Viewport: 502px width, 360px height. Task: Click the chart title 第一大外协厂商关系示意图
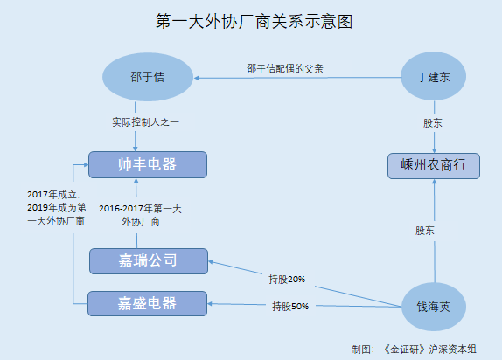[254, 22]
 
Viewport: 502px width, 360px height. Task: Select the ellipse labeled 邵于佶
[148, 77]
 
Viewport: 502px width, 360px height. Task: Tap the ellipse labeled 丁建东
[433, 77]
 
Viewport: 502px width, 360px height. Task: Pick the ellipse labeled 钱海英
[434, 307]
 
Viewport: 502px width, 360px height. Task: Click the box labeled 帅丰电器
[148, 164]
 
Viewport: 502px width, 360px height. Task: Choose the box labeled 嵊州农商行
[434, 166]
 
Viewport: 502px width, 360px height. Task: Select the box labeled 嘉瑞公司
[149, 261]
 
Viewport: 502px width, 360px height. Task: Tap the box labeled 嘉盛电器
[147, 303]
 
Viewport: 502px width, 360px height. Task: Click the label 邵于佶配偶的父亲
[285, 68]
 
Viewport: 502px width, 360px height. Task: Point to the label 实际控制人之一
[145, 122]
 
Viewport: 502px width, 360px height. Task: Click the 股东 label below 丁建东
[433, 123]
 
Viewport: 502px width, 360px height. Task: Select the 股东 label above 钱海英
[424, 231]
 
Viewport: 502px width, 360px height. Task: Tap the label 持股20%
[287, 280]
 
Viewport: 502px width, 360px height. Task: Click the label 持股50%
[290, 306]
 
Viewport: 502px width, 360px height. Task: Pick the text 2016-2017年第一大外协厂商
[140, 215]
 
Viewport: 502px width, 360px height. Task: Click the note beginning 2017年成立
[57, 208]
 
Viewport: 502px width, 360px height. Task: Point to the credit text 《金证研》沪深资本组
[429, 350]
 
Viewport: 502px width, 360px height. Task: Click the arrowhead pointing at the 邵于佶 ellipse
[196, 78]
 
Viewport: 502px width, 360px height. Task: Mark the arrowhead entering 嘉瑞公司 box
[211, 262]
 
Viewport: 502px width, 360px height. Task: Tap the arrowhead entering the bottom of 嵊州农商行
[435, 181]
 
